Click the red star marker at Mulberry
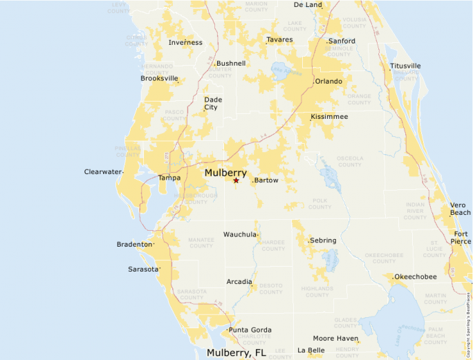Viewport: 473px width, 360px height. pos(236,180)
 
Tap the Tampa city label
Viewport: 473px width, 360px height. pos(169,178)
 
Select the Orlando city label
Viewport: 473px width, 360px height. pos(328,81)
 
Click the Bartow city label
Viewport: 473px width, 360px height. pos(266,180)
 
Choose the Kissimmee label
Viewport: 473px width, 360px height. pos(329,117)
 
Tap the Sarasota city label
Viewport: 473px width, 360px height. pos(143,269)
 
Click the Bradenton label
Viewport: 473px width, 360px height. pos(134,244)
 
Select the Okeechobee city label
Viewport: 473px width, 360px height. pos(416,276)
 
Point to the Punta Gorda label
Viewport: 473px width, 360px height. pos(250,330)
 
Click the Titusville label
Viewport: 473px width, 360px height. pos(405,66)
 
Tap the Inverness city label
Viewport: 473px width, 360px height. pos(185,42)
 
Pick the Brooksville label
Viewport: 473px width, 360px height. pos(159,78)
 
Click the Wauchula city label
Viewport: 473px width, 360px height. pos(239,234)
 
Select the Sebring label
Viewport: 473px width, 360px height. pos(323,240)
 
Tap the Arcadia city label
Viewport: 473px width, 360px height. pos(239,281)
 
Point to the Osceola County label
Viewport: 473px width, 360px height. pos(350,161)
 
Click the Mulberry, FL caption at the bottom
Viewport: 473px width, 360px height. pos(236,352)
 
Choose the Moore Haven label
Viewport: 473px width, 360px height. pos(335,338)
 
